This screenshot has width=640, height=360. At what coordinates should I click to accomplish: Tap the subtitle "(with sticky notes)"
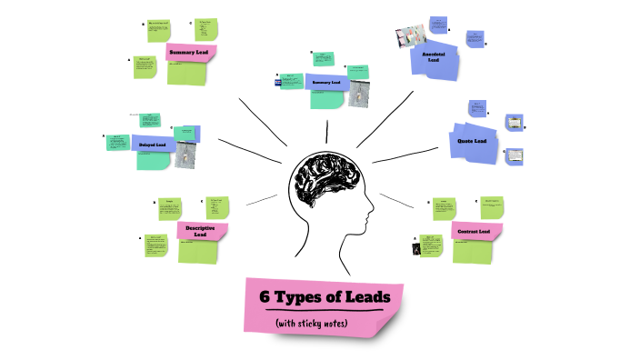point(313,323)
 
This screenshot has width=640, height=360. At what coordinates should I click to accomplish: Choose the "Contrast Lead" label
point(474,232)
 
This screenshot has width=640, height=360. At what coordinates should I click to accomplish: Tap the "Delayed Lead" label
point(153,145)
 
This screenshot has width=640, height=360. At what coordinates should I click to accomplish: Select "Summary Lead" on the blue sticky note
point(325,83)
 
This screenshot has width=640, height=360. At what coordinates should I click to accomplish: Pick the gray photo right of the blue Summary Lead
point(358,95)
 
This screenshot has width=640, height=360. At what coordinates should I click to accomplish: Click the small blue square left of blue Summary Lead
point(278,83)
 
